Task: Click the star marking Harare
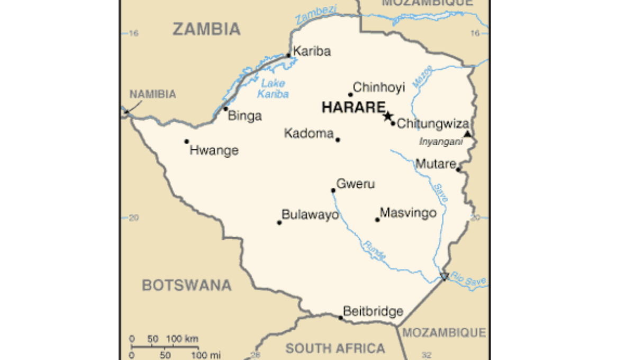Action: point(388,116)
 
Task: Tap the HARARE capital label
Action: point(353,108)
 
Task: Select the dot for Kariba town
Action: point(288,55)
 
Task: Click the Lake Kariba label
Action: point(273,89)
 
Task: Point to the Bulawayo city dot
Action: point(279,222)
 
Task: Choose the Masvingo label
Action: point(409,213)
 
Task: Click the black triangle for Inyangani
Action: point(467,134)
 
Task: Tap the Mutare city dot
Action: point(458,169)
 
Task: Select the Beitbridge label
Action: point(373,311)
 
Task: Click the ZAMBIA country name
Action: point(206,29)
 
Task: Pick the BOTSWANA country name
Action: point(187,285)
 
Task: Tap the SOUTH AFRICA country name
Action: point(335,348)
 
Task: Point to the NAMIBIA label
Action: point(153,94)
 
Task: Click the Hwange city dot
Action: point(186,141)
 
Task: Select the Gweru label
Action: point(356,184)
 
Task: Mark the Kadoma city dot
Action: point(338,140)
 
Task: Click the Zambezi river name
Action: point(316,14)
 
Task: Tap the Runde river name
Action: point(374,250)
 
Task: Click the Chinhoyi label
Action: point(379,87)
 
